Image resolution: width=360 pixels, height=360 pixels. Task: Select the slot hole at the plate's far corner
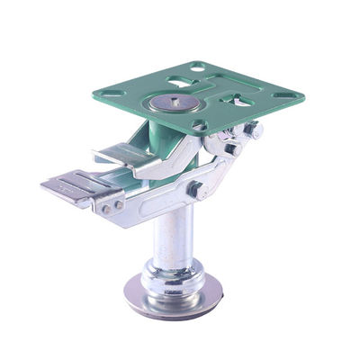[x=197, y=67]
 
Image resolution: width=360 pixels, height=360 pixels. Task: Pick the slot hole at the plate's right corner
[x=286, y=94]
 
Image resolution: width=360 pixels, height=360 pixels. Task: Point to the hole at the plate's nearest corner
[x=200, y=126]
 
